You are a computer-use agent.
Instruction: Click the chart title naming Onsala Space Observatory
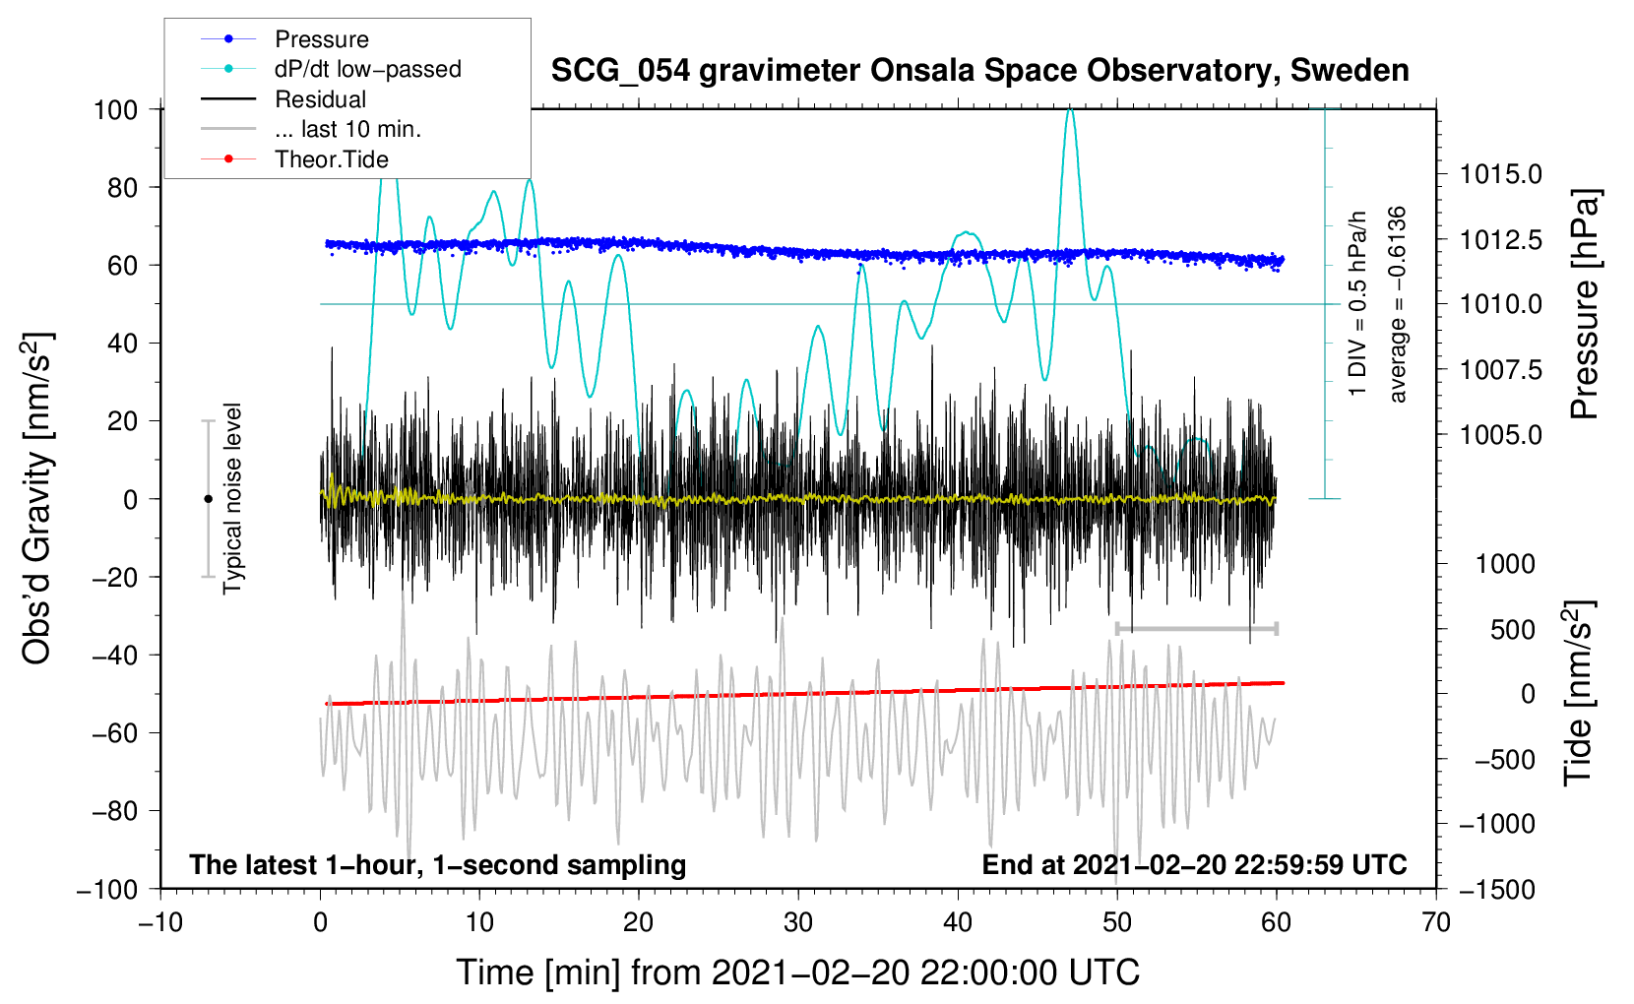point(979,71)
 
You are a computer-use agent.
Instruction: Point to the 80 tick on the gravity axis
point(122,187)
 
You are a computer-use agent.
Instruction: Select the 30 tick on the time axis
point(797,922)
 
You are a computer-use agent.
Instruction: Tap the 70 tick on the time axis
point(1435,922)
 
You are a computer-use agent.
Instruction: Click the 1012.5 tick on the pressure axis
point(1500,239)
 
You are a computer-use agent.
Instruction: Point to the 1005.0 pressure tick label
point(1500,434)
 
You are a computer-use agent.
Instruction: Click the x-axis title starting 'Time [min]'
point(797,973)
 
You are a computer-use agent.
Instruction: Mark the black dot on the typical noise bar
point(208,499)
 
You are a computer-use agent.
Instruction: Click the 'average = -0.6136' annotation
point(1398,305)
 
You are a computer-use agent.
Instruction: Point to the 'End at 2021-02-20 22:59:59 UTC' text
point(1194,865)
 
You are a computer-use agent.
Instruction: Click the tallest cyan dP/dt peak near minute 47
point(1070,110)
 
